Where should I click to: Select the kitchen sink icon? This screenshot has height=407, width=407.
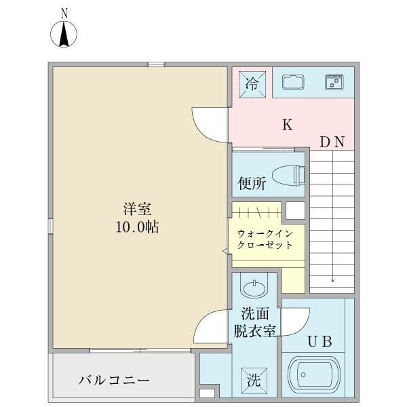[293, 83]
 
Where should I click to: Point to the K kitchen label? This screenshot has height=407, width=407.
[287, 125]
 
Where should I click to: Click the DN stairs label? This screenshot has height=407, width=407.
[332, 142]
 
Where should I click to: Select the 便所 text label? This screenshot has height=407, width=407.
[252, 183]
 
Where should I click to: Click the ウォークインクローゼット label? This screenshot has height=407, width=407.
[265, 239]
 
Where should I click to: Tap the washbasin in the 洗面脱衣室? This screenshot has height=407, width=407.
[254, 288]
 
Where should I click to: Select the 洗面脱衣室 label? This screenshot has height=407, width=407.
[255, 324]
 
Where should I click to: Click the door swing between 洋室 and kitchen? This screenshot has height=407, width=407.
[209, 124]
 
